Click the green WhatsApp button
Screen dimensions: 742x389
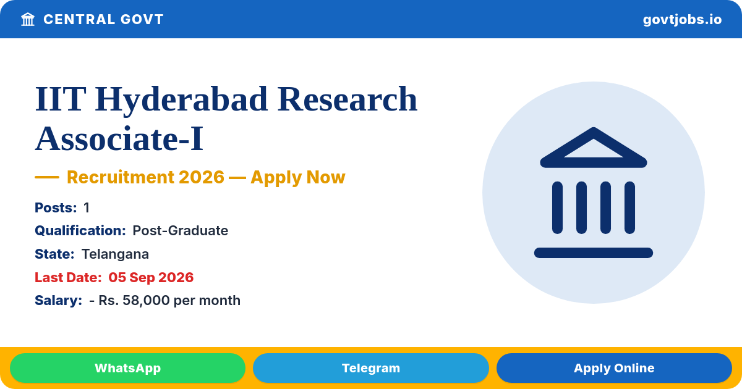pyautogui.click(x=127, y=368)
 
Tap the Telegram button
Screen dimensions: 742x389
pyautogui.click(x=370, y=368)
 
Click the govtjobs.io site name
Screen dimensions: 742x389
pyautogui.click(x=682, y=20)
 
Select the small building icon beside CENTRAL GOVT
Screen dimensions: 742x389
pyautogui.click(x=28, y=20)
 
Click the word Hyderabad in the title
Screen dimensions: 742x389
pyautogui.click(x=181, y=100)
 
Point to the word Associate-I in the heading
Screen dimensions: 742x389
pyautogui.click(x=119, y=138)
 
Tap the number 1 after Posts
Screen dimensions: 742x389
pyautogui.click(x=87, y=207)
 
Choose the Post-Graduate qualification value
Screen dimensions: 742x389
pyautogui.click(x=180, y=230)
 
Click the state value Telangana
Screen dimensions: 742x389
pyautogui.click(x=115, y=254)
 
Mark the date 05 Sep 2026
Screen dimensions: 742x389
pyautogui.click(x=151, y=277)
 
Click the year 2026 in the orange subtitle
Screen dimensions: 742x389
pyautogui.click(x=202, y=177)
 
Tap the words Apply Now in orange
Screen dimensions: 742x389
pyautogui.click(x=298, y=177)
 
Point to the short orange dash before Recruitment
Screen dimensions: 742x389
pyautogui.click(x=47, y=177)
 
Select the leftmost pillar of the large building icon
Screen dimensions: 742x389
pyautogui.click(x=557, y=207)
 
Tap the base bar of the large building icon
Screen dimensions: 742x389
pyautogui.click(x=593, y=253)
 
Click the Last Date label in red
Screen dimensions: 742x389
pyautogui.click(x=68, y=277)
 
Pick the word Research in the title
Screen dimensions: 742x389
pyautogui.click(x=348, y=99)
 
